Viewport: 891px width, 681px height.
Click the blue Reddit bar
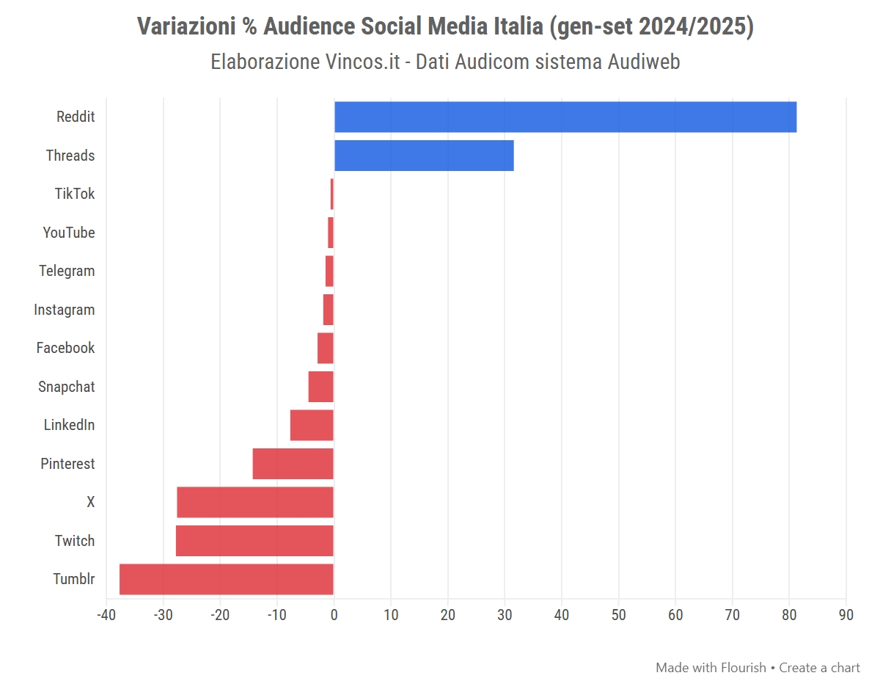[565, 117]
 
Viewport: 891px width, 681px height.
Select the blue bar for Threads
[424, 156]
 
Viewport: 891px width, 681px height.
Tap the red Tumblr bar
[226, 579]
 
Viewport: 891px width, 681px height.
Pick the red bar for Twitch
[254, 541]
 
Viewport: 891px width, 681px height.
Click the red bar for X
[255, 502]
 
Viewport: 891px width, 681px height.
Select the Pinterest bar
[293, 464]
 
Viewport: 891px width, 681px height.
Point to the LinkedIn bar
[312, 425]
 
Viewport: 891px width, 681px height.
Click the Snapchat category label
[67, 387]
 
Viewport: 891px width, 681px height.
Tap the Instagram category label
[65, 310]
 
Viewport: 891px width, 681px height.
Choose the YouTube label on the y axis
[69, 233]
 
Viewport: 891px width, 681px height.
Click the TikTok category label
[75, 194]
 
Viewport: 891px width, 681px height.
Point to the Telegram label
[67, 271]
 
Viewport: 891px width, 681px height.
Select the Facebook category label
[66, 348]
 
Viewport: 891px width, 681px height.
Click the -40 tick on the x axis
[106, 615]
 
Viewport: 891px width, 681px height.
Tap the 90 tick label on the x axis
[846, 615]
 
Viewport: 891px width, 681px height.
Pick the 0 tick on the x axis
[334, 615]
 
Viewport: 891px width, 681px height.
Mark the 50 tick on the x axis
[619, 615]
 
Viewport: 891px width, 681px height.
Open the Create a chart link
[819, 668]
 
